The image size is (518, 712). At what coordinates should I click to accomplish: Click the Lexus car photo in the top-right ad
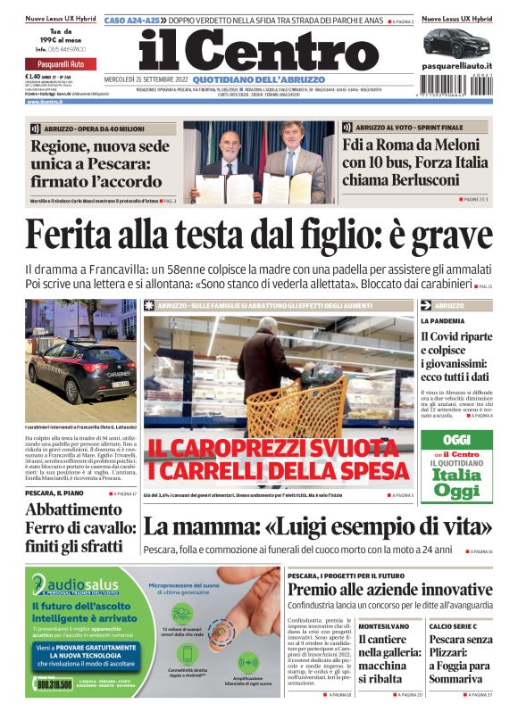tap(456, 42)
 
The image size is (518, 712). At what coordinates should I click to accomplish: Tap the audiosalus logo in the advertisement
tap(71, 586)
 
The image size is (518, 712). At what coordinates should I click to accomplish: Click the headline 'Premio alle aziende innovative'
tap(390, 590)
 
